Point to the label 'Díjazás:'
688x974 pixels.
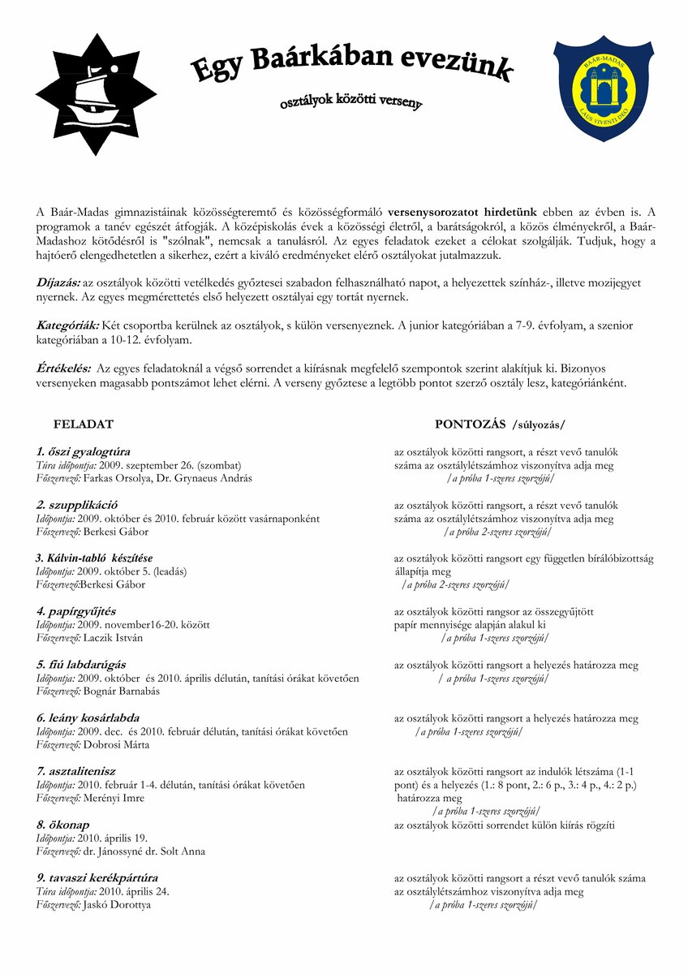click(58, 281)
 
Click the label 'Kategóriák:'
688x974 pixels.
click(68, 325)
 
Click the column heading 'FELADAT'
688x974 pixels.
click(84, 424)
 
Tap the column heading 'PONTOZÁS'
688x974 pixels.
click(470, 424)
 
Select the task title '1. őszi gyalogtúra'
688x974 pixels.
click(84, 451)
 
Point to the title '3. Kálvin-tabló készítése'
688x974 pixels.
click(94, 558)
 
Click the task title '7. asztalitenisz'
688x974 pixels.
click(77, 771)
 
